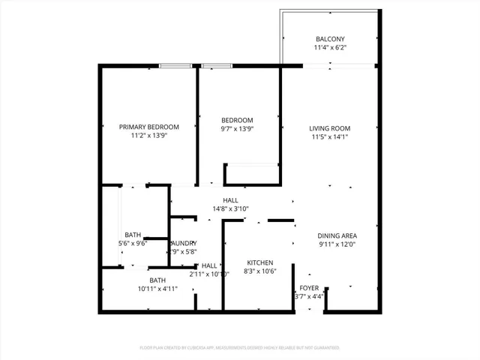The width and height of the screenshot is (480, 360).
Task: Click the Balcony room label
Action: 330,39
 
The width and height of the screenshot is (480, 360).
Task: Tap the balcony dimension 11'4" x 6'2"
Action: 330,47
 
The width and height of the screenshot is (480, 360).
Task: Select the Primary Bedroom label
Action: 149,127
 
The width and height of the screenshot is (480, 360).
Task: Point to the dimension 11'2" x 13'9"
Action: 149,136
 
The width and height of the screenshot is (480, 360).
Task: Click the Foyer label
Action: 310,288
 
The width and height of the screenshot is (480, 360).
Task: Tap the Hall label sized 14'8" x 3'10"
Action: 230,200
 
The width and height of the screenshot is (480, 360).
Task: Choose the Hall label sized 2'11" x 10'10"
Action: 209,265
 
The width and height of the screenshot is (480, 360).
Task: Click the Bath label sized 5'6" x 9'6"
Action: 133,235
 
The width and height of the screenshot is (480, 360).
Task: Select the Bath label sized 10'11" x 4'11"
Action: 157,280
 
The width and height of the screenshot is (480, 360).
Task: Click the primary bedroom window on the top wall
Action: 173,66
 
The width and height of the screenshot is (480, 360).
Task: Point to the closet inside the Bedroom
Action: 251,174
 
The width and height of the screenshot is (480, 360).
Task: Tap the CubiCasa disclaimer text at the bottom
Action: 240,348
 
